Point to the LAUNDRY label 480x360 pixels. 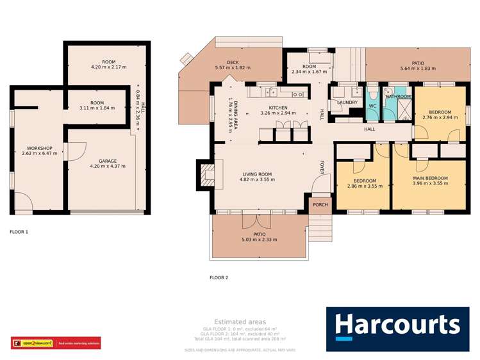coord(347,102)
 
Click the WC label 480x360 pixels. coord(372,106)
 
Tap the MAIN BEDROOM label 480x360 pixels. coord(429,178)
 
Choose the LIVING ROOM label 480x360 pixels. coord(257,174)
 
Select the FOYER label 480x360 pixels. coord(322,167)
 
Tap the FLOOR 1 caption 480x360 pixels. coord(19,231)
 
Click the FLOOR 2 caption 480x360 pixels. coord(219,277)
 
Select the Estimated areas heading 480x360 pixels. coord(240,322)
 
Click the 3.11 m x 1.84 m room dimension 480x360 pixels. coord(97,108)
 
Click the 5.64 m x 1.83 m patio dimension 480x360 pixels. coord(417,68)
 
